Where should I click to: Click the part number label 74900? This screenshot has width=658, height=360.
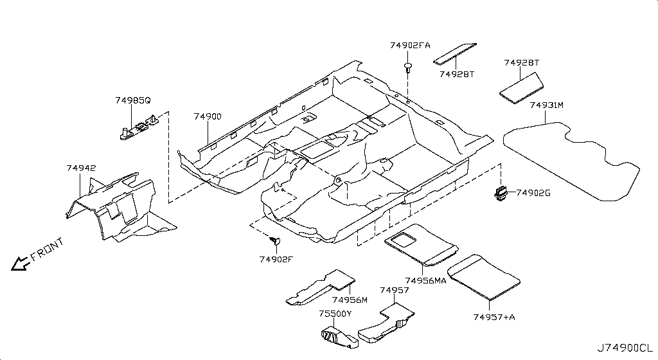[x=208, y=116]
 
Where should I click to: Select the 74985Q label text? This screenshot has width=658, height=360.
[x=132, y=100]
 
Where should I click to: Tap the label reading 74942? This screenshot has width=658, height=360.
[x=81, y=168]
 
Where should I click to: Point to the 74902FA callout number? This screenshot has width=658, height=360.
[x=410, y=45]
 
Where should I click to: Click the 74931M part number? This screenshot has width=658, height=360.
[x=546, y=105]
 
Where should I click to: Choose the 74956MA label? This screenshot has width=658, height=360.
[x=425, y=280]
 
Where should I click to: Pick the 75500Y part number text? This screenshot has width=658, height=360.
[x=335, y=314]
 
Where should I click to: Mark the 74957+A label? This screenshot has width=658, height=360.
[x=494, y=317]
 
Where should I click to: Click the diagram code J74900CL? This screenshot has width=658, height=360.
[x=625, y=348]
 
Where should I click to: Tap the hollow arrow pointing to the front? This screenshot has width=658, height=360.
[x=19, y=263]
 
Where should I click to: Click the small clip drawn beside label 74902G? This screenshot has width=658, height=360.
[x=500, y=193]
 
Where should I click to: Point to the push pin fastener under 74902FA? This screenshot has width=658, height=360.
[x=407, y=67]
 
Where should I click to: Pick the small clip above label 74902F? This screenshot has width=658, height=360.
[x=275, y=241]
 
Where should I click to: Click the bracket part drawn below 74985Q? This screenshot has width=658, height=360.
[x=138, y=126]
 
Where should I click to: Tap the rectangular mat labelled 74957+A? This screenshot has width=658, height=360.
[x=483, y=277]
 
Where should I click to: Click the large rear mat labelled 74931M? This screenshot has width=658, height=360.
[x=571, y=161]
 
